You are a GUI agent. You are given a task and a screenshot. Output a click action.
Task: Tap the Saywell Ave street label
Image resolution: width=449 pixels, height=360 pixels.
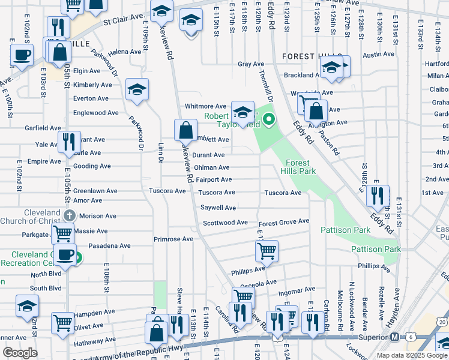click(218, 208)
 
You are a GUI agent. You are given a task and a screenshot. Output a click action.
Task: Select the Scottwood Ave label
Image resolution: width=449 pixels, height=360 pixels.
click(225, 223)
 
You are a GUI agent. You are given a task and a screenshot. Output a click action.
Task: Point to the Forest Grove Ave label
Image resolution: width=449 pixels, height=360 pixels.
click(283, 222)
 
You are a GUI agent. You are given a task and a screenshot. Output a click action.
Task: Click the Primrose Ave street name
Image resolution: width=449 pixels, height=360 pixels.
click(173, 239)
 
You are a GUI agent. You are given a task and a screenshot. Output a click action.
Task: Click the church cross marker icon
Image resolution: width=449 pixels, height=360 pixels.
click(69, 215)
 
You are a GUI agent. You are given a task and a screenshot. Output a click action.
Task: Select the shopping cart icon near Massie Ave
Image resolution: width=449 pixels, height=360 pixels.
click(63, 232)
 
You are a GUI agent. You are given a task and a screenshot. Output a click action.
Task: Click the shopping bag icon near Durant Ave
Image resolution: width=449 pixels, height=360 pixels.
click(185, 128)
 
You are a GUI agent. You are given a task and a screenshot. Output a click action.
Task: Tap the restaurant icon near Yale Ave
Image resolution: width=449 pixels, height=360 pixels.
click(69, 142)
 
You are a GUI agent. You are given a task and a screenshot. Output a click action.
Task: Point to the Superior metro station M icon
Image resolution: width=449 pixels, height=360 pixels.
click(394, 337)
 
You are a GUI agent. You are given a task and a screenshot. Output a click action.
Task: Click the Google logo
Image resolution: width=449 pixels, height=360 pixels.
click(20, 353)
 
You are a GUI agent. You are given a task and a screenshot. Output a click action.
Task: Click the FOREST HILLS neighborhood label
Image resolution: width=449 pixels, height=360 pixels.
click(307, 56)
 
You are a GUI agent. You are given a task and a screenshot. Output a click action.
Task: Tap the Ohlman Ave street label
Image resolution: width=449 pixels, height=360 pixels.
click(211, 168)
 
